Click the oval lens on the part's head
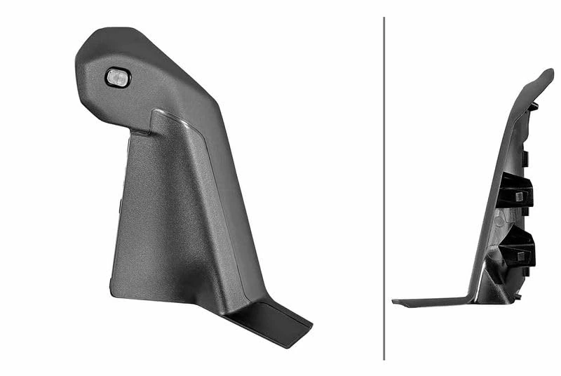tap(118, 78)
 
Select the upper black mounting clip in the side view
tap(518, 192)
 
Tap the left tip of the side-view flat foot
tap(394, 302)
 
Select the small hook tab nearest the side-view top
tap(533, 106)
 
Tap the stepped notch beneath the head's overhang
tap(140, 130)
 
